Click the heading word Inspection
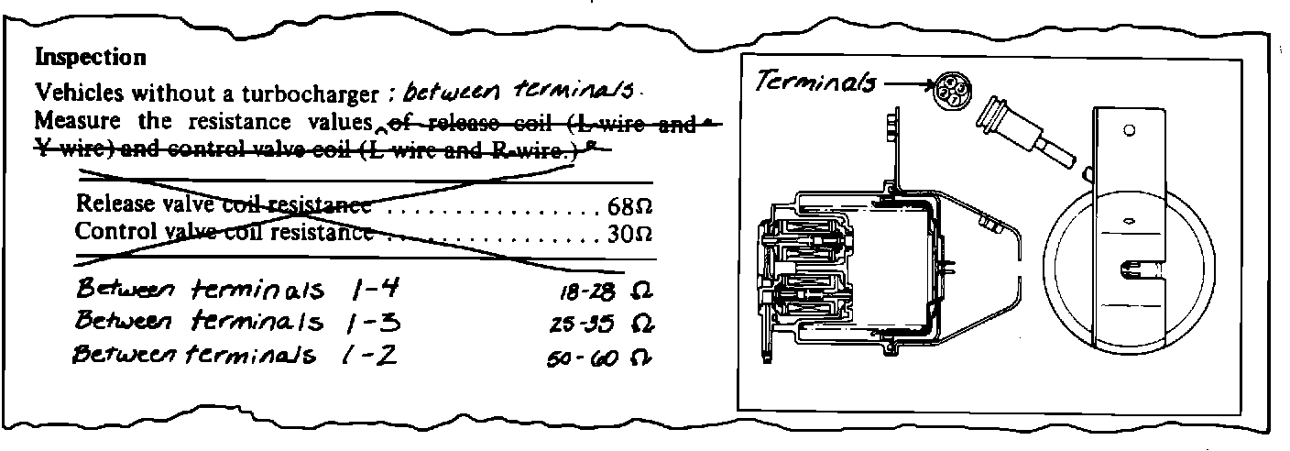click(90, 58)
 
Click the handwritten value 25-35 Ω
click(596, 324)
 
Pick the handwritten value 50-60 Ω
click(596, 354)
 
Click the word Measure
click(71, 120)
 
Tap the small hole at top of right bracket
click(1129, 129)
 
